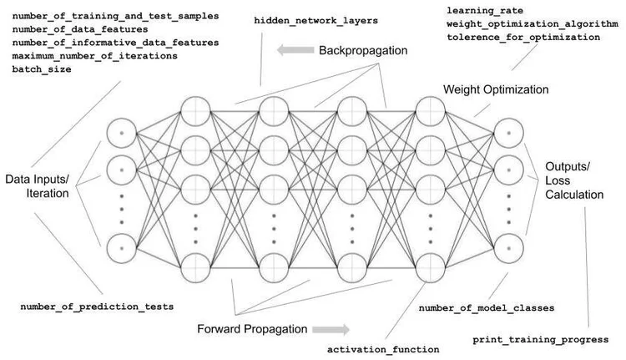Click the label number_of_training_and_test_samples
[x=115, y=16]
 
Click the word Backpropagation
[x=363, y=51]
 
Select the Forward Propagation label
[x=251, y=328]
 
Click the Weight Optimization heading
[x=496, y=89]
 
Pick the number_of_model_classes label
[x=487, y=308]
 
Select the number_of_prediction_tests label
[x=97, y=307]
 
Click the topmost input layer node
[x=122, y=133]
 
